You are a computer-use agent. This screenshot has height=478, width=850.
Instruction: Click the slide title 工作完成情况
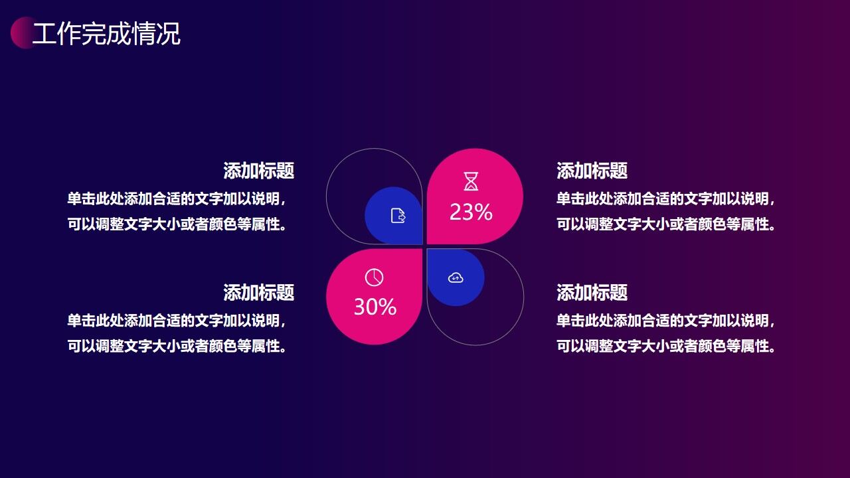click(x=106, y=34)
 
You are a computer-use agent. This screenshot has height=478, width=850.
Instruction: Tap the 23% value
click(x=471, y=212)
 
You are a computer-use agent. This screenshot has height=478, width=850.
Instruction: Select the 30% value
click(x=375, y=307)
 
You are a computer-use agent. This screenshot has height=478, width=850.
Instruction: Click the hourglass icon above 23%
click(x=471, y=181)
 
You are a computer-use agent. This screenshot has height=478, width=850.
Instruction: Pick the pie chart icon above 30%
click(x=375, y=278)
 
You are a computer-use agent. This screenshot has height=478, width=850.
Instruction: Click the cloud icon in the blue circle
click(x=456, y=278)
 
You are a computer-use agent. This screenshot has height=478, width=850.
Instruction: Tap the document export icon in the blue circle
click(x=398, y=216)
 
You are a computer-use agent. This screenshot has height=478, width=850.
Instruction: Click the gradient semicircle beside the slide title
click(x=20, y=33)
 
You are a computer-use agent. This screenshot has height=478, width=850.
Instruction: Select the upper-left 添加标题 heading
click(x=258, y=171)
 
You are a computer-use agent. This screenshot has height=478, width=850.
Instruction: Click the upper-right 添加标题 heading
click(x=592, y=171)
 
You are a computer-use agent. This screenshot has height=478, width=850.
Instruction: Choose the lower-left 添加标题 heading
click(x=258, y=293)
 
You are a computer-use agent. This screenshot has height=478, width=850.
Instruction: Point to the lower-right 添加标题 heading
click(x=592, y=293)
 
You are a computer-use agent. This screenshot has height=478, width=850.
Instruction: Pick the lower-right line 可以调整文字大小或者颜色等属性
click(x=666, y=347)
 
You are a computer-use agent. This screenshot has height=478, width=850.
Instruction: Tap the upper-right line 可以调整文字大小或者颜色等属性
click(x=666, y=224)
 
